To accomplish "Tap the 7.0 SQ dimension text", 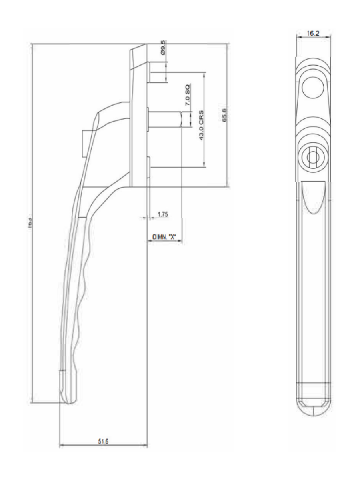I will pyautogui.click(x=187, y=95).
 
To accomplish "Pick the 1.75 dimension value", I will pyautogui.click(x=162, y=215).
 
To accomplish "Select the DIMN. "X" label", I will pyautogui.click(x=164, y=237).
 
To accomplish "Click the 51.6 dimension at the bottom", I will pyautogui.click(x=103, y=441).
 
